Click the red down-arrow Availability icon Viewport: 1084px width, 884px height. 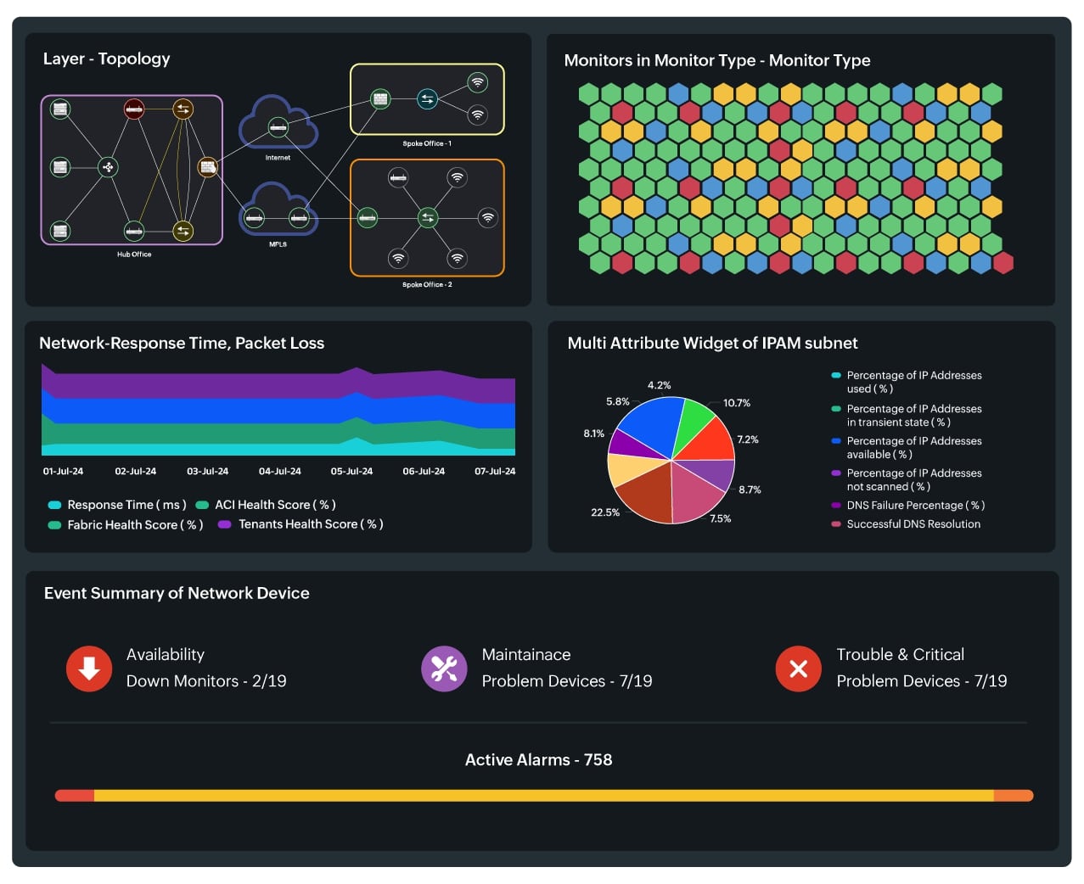point(89,669)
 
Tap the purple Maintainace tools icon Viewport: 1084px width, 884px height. point(444,669)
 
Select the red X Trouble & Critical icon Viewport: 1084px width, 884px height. point(798,669)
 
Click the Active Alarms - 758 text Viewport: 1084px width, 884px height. point(538,759)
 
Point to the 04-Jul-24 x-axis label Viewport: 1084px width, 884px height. point(279,471)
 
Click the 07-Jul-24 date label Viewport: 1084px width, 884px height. point(495,471)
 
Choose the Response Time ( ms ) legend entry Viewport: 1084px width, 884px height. point(126,504)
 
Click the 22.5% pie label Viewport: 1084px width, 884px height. point(605,512)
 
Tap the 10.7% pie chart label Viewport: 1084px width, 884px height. point(736,403)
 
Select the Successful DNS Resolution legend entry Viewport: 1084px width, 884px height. point(913,524)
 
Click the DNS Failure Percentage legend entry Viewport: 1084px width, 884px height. point(915,505)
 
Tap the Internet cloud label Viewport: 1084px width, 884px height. point(278,158)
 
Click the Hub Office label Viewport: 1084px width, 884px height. point(134,255)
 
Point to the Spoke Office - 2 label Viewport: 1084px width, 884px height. point(427,285)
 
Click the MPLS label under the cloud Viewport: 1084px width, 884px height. point(278,244)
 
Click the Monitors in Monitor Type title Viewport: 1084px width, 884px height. point(716,60)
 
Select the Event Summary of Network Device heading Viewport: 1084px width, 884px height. point(177,593)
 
